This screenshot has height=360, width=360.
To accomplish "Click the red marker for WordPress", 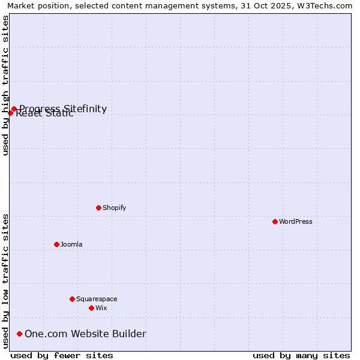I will click(x=275, y=221).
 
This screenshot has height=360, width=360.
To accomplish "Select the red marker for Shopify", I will click(x=98, y=208).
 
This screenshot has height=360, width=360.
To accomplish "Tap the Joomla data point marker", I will click(x=56, y=244).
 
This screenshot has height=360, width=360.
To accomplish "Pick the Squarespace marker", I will click(x=72, y=299).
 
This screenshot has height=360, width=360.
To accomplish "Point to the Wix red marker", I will click(x=91, y=308).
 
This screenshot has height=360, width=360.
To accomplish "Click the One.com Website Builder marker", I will click(x=20, y=334).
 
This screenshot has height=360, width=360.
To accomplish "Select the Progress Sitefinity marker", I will click(x=14, y=109).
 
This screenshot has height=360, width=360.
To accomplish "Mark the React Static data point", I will click(x=10, y=113).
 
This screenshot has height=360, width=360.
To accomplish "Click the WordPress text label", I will click(x=296, y=221).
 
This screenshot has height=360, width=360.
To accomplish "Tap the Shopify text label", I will click(x=115, y=208).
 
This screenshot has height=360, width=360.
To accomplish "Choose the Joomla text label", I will click(x=71, y=244).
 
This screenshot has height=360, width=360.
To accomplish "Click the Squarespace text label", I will click(x=97, y=299).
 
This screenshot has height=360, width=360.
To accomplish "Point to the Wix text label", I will click(x=101, y=308).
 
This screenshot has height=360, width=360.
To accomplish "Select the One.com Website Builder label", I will click(x=85, y=334).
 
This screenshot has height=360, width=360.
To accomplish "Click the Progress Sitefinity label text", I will click(x=63, y=108).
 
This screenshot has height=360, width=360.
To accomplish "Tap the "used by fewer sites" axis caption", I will click(x=62, y=355).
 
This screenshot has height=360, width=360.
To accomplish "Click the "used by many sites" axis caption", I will click(x=301, y=355).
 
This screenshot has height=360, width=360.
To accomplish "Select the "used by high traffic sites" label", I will click(x=5, y=85).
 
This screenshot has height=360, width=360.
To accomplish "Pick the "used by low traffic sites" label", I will click(x=5, y=280).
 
